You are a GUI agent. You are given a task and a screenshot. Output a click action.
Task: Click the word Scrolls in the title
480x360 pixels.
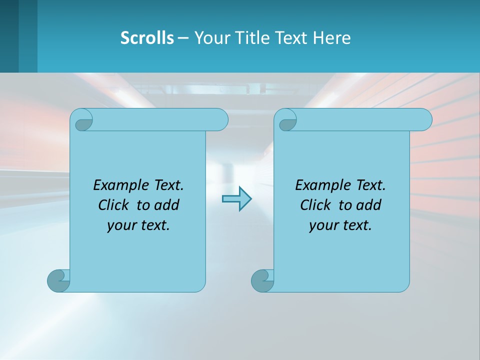coord(147,38)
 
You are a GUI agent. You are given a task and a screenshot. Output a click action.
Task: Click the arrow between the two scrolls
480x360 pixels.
coord(236,198)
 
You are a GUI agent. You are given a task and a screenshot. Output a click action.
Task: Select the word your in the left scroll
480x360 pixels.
coord(120,225)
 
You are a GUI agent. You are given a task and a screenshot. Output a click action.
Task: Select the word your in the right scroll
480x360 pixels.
coord(322,225)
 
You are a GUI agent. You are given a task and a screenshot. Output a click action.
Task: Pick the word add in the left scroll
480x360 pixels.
coord(167,205)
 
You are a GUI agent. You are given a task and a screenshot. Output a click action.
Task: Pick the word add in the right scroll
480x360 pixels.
coord(369,205)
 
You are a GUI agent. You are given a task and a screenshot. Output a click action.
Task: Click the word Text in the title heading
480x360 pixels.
coord(291,38)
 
